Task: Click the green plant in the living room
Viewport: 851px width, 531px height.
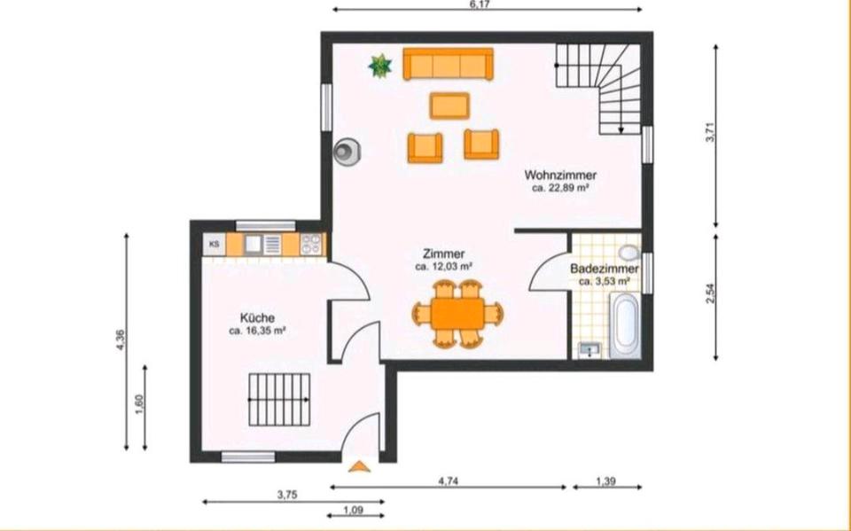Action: click(x=380, y=65)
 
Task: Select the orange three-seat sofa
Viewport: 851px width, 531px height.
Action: click(x=448, y=64)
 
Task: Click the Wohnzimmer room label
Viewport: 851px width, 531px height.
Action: click(x=560, y=175)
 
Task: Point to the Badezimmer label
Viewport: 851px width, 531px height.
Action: click(x=604, y=268)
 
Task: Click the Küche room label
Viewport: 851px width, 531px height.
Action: click(x=257, y=317)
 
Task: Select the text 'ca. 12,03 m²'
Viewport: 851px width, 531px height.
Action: click(x=443, y=266)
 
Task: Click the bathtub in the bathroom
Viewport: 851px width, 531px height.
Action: click(x=625, y=325)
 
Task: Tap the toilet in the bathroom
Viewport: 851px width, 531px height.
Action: click(x=629, y=254)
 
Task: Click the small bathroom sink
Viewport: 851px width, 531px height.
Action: click(x=588, y=349)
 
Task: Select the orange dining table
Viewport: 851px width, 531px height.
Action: click(x=457, y=312)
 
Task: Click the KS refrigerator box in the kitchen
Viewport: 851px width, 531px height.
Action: click(x=214, y=244)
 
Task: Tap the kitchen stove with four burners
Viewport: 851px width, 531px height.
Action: click(x=310, y=244)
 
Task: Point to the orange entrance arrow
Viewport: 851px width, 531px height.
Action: click(x=359, y=465)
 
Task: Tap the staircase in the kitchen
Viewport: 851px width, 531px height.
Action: click(x=278, y=399)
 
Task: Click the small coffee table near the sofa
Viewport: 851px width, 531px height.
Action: click(x=449, y=105)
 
